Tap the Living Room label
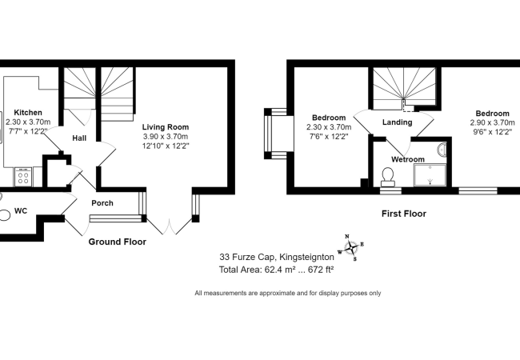pos(166,127)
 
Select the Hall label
pos(79,138)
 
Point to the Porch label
pos(102,203)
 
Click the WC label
pos(22,213)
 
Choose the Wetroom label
pos(407,159)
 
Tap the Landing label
pos(398,122)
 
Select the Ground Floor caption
pos(117,242)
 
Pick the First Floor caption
pos(403,214)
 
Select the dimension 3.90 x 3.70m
pos(165,137)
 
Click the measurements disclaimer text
pos(288,293)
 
